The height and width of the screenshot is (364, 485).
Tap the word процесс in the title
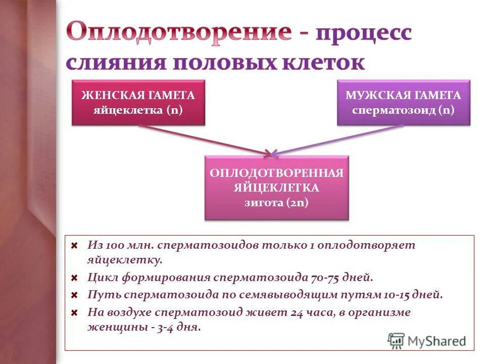(x=364, y=34)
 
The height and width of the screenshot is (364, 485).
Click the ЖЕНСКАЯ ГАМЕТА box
(x=138, y=102)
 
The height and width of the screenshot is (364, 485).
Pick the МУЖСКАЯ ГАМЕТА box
(x=403, y=102)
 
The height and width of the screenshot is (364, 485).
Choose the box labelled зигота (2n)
(x=276, y=188)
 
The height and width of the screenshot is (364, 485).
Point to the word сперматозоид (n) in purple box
(x=403, y=110)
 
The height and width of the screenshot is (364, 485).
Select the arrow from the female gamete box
(x=202, y=139)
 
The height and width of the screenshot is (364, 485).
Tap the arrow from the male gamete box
(x=338, y=139)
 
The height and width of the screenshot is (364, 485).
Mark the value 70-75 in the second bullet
(x=326, y=278)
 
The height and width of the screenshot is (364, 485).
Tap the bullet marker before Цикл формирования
(x=74, y=278)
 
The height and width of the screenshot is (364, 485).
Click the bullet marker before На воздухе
(x=74, y=312)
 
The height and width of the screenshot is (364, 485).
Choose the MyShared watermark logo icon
(x=396, y=340)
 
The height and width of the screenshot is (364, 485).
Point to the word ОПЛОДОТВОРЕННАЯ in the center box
(x=276, y=173)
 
